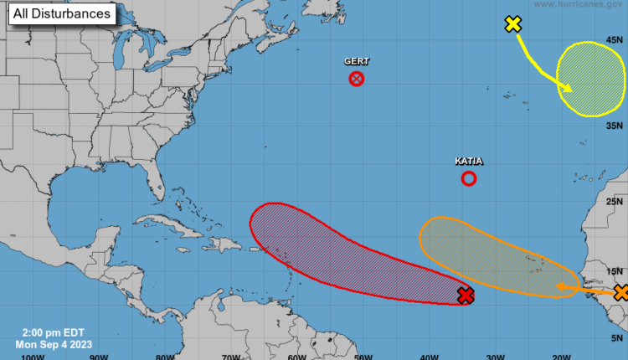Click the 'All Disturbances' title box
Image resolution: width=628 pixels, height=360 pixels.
pyautogui.click(x=61, y=14)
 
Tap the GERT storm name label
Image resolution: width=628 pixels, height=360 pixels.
pyautogui.click(x=357, y=62)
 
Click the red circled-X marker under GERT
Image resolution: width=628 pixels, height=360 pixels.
pyautogui.click(x=357, y=80)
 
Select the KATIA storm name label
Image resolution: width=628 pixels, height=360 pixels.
pyautogui.click(x=469, y=161)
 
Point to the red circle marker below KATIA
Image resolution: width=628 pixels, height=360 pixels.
pyautogui.click(x=469, y=178)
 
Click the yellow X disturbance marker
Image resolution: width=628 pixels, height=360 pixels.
pyautogui.click(x=513, y=24)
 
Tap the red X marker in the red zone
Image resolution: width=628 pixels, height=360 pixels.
pyautogui.click(x=466, y=295)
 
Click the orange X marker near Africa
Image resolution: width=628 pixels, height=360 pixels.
pyautogui.click(x=620, y=292)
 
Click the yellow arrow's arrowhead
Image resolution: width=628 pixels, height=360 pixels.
pyautogui.click(x=569, y=90)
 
